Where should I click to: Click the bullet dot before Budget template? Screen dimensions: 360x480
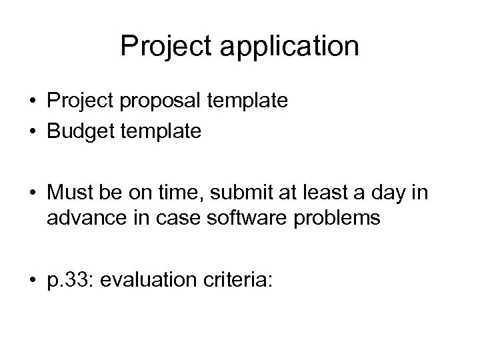[32, 132]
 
